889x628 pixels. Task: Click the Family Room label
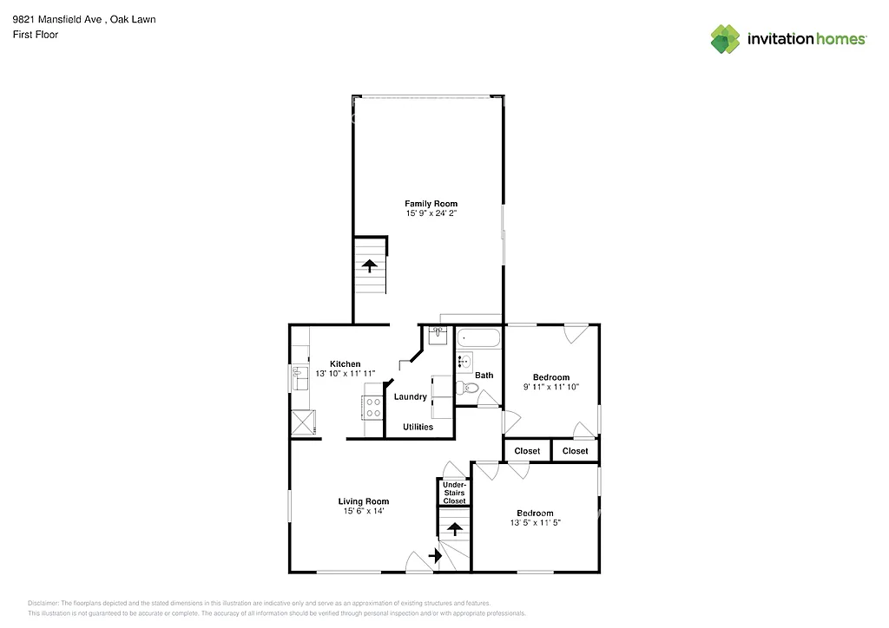[x=431, y=204]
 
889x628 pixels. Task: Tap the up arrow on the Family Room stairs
[x=370, y=265]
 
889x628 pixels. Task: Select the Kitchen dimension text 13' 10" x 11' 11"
[x=345, y=374]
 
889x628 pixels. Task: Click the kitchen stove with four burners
[x=372, y=407]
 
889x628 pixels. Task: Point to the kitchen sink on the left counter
[x=301, y=379]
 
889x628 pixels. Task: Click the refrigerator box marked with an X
[x=303, y=423]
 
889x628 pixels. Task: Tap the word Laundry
[x=410, y=397]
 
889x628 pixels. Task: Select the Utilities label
[x=418, y=427]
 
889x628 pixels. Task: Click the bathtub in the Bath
[x=478, y=338]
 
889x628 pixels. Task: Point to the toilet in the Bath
[x=468, y=389]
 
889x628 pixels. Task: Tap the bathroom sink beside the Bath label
[x=464, y=362]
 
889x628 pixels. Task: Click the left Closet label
[x=527, y=451]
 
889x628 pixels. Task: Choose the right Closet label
[x=575, y=451]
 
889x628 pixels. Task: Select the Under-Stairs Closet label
[x=454, y=493]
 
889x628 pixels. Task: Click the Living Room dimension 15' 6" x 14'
[x=363, y=512]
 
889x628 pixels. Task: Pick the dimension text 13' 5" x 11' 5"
[x=535, y=523]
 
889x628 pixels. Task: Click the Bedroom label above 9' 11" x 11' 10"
[x=550, y=377]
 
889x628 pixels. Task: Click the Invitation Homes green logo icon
[x=726, y=39]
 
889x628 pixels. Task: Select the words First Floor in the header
[x=35, y=35]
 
